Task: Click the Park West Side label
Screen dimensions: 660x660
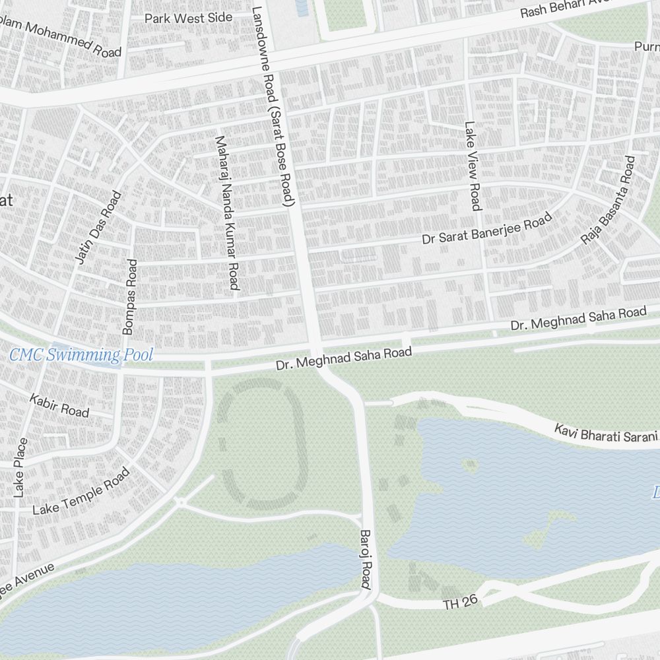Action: click(x=189, y=18)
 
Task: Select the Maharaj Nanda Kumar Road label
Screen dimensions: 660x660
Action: click(x=226, y=213)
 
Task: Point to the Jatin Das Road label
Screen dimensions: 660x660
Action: click(x=99, y=228)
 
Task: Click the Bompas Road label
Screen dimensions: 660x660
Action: click(x=130, y=296)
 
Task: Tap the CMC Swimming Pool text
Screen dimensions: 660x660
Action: click(x=81, y=356)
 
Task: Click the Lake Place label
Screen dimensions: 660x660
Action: click(x=20, y=467)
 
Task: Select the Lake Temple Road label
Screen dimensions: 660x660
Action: click(x=81, y=492)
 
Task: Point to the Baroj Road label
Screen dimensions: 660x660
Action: click(x=366, y=558)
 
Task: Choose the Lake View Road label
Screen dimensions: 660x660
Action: click(x=473, y=166)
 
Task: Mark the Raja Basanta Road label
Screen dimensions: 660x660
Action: click(x=608, y=200)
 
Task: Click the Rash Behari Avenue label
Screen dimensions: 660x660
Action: click(x=587, y=8)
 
